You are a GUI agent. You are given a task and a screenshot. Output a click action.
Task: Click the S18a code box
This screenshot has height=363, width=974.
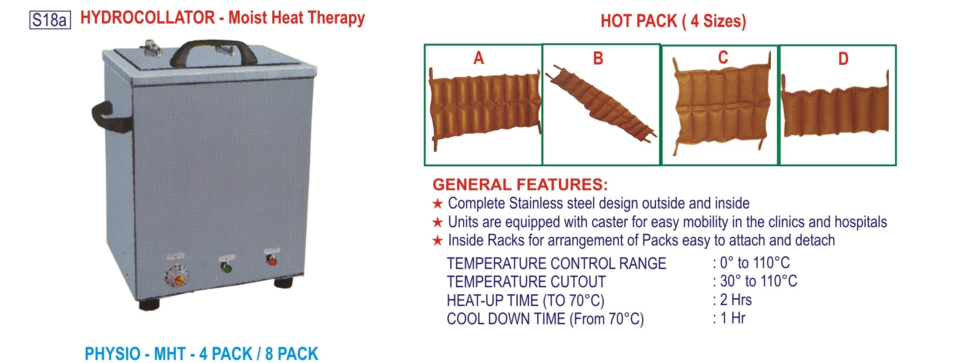50,20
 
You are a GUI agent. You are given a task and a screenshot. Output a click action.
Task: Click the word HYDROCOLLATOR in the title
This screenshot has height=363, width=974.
147,18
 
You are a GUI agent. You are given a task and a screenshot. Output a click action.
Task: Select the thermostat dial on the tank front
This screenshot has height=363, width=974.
177,275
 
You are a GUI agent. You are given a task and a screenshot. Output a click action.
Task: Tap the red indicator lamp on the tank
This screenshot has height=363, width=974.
272,261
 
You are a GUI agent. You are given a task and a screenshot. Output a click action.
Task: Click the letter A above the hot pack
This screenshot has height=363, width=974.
479,58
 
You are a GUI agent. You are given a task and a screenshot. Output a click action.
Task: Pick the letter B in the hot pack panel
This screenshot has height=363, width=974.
598,58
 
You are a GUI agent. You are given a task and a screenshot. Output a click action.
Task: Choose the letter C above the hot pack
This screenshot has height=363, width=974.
723,57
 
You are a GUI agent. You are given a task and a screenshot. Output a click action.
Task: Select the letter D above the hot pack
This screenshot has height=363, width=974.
843,59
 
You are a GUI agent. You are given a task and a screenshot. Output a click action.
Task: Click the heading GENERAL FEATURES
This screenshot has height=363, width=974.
520,185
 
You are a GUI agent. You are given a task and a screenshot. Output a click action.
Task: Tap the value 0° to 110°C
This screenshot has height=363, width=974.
755,263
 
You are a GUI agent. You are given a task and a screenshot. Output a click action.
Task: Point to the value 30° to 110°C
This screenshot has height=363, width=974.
758,281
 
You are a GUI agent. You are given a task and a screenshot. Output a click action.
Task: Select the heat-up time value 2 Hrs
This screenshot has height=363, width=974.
736,300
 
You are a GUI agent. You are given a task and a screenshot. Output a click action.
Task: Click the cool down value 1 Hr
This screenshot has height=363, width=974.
733,318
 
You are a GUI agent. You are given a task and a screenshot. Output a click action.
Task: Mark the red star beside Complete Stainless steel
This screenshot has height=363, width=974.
437,203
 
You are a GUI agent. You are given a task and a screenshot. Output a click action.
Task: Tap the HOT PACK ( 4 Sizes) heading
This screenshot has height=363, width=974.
673,21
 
